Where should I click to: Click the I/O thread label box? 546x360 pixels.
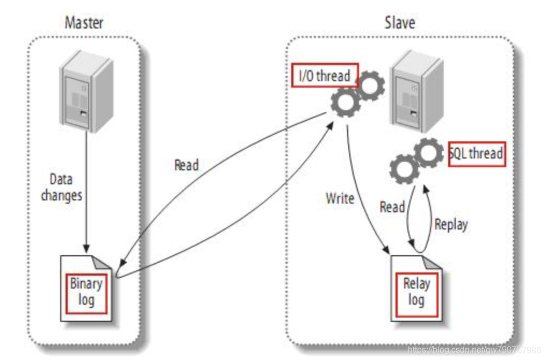pos(324,76)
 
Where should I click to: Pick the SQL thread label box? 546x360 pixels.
pos(476,154)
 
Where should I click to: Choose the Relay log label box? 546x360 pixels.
pos(416,291)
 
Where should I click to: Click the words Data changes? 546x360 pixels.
pos(62,188)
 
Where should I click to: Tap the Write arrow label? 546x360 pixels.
pos(340,198)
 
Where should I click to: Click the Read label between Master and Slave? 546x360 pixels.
pos(186,165)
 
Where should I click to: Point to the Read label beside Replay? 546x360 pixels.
pos(392,207)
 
